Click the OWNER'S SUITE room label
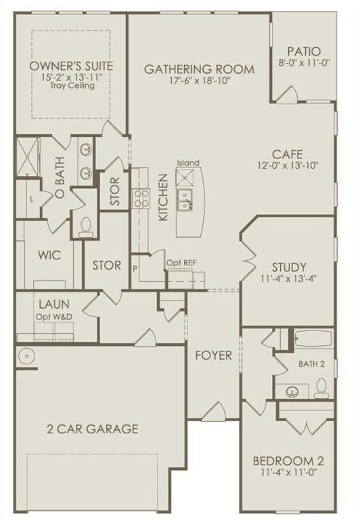(x=71, y=66)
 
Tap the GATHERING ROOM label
(x=199, y=68)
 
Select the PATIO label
(x=303, y=51)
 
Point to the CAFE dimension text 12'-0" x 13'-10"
(x=287, y=165)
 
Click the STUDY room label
(x=289, y=266)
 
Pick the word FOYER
(x=214, y=355)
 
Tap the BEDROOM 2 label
(x=288, y=461)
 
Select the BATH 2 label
(x=312, y=364)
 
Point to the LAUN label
(x=54, y=305)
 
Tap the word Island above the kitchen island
(x=187, y=162)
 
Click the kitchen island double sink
(x=185, y=198)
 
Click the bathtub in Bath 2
(x=313, y=339)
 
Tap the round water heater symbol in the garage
(x=26, y=354)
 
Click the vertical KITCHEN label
(x=163, y=197)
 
